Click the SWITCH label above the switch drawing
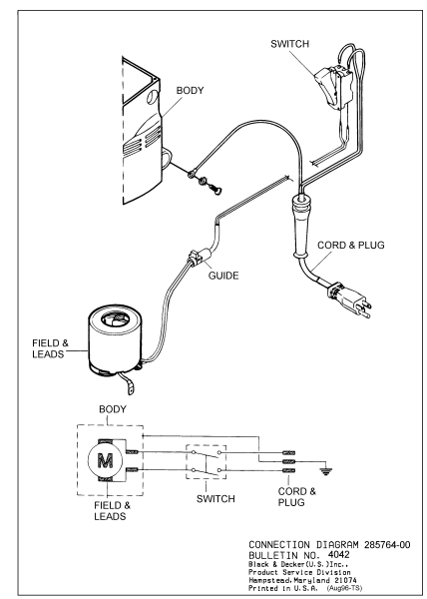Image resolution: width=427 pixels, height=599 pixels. point(289,44)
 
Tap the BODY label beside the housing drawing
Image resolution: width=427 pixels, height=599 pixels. point(190,91)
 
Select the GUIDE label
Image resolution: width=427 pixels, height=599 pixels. point(223,276)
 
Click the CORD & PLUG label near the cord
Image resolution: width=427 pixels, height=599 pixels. point(351,245)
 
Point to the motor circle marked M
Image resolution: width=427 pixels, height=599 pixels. point(106,460)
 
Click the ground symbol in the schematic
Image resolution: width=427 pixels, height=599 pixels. point(325,471)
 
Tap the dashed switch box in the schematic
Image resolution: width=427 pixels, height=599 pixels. point(207,462)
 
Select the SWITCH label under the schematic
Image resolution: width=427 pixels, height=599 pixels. point(215,498)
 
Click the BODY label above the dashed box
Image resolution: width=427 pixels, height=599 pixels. point(112,409)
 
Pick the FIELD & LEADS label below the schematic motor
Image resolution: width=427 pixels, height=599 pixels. point(112,511)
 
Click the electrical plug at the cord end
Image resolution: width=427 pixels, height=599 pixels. point(349,300)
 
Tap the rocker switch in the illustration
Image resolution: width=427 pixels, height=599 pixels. point(333,87)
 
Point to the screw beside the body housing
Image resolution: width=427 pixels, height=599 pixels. point(214,189)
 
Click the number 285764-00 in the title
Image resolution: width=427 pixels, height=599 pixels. point(387,545)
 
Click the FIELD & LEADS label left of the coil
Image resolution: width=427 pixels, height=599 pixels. point(50,348)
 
